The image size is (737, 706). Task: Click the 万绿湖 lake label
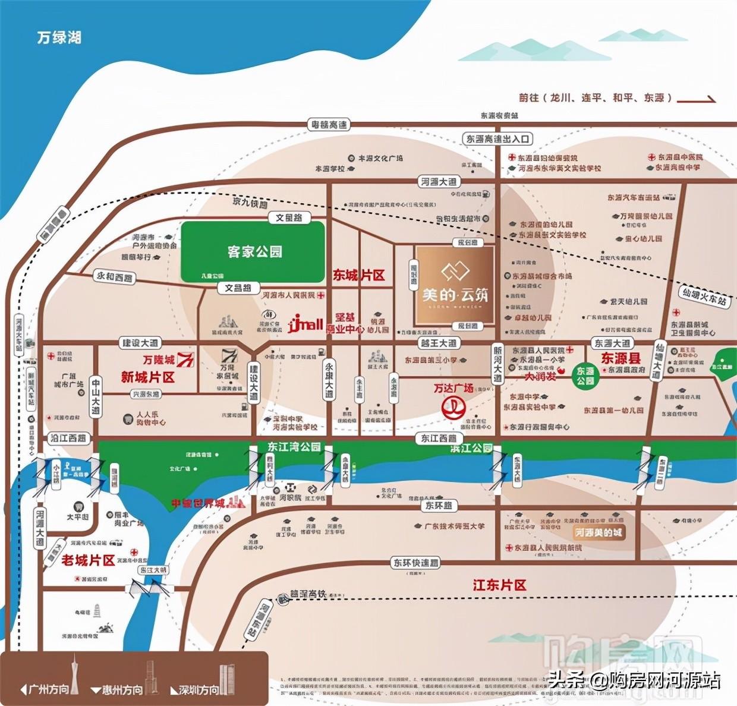(59, 37)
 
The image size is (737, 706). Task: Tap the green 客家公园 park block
(253, 251)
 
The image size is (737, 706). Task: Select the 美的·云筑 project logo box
(455, 285)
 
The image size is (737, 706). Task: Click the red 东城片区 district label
(358, 275)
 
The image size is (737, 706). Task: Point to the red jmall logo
(305, 324)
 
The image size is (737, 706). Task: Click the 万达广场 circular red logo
(453, 408)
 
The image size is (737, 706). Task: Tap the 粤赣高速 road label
(329, 124)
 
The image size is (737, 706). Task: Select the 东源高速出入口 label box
(497, 138)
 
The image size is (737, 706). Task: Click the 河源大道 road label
(439, 182)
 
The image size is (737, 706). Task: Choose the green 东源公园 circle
(585, 376)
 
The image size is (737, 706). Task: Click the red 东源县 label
(621, 358)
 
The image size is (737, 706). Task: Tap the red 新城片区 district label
(147, 377)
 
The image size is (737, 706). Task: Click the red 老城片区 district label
(88, 560)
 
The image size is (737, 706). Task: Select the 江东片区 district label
(499, 585)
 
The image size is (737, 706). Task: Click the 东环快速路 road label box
(415, 562)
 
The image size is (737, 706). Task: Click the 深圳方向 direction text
(199, 690)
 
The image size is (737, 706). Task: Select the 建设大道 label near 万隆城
(141, 343)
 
